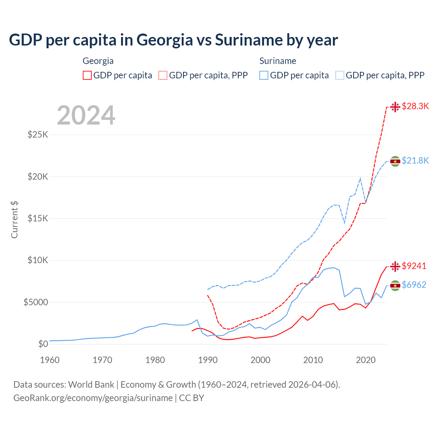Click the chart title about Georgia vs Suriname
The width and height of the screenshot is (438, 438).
point(173,40)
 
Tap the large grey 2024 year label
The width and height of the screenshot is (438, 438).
point(86,115)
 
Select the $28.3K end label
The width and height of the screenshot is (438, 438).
point(415,106)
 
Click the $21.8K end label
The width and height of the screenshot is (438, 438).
point(415,160)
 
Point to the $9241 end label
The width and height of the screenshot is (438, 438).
point(414,266)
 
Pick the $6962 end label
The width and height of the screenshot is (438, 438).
point(414,285)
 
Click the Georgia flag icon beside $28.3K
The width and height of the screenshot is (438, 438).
point(395,107)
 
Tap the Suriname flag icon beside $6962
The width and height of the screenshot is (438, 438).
point(395,285)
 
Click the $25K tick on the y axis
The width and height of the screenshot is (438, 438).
point(38,134)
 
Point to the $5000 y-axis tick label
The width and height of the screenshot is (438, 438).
point(36,302)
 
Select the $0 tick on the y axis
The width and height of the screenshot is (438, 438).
point(43,344)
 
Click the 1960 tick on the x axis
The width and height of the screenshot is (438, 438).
point(50,360)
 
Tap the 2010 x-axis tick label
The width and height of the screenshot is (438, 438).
point(313,360)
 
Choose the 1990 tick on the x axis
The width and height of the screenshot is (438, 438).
point(208,360)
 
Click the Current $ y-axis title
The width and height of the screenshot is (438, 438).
point(14,219)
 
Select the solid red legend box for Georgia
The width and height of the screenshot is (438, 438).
point(87,75)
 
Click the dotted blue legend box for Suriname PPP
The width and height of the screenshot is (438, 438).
point(340,75)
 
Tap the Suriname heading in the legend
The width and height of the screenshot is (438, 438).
point(278,61)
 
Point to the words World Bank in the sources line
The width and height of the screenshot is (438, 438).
point(91,385)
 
